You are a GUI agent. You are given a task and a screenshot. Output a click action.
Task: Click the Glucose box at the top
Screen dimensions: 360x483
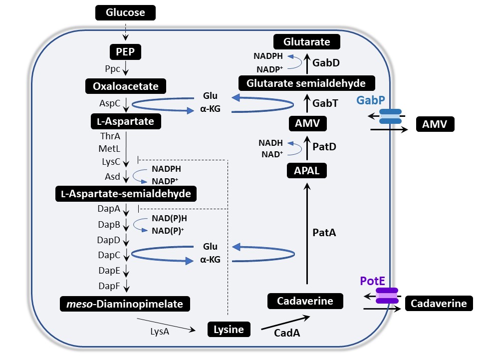point(125,12)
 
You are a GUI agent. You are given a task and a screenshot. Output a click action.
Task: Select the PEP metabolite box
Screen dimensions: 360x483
point(126,51)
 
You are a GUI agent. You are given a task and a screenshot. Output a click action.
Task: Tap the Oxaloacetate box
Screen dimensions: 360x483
point(126,86)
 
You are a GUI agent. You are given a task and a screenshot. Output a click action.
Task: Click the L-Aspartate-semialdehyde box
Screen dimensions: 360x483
point(126,193)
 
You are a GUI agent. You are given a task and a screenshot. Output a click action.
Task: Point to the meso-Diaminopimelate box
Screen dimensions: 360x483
point(126,303)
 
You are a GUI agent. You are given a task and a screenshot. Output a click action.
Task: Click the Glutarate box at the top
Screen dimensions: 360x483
point(307,42)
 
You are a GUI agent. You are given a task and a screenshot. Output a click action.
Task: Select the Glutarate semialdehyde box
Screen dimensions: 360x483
point(307,83)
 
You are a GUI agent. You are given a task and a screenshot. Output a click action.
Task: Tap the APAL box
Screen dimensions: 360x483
point(307,171)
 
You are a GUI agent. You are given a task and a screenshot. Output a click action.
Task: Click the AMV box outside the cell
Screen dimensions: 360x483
point(435,124)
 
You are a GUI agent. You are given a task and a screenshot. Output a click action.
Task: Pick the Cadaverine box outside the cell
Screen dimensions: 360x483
point(439,303)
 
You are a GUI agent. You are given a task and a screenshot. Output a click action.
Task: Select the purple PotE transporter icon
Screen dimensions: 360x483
point(387,296)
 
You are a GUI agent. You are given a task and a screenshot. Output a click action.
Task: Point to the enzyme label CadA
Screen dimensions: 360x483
point(287,333)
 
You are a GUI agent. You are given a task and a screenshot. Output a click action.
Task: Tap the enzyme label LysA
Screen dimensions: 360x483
point(160,331)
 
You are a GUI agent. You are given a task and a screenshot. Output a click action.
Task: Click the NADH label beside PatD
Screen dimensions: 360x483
point(271,143)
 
